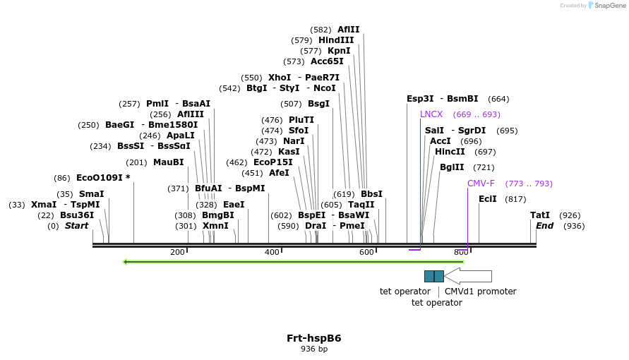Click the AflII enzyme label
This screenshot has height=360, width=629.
point(348,30)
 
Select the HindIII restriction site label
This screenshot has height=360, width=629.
point(336,40)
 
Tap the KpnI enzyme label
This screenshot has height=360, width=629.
point(339,51)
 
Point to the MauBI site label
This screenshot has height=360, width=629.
point(168,162)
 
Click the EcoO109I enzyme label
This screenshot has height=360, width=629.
point(103,178)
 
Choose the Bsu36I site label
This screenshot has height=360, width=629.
point(77,215)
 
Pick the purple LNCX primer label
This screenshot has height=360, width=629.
point(431,114)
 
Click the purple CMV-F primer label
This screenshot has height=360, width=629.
point(481,184)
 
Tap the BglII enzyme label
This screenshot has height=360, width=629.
point(452,168)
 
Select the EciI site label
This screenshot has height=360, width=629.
point(488,199)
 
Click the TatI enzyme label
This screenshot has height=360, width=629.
point(540,215)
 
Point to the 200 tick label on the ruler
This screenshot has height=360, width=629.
point(177,252)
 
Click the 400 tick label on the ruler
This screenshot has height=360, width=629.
point(272,252)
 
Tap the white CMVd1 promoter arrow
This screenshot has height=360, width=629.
point(467,276)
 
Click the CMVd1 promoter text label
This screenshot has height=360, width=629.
point(480,292)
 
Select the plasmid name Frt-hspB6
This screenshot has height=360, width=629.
point(314,338)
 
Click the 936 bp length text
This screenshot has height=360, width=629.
point(314,349)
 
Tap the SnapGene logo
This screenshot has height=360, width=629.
point(607,6)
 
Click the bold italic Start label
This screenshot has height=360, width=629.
point(77,226)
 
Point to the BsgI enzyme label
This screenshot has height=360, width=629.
point(318,104)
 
